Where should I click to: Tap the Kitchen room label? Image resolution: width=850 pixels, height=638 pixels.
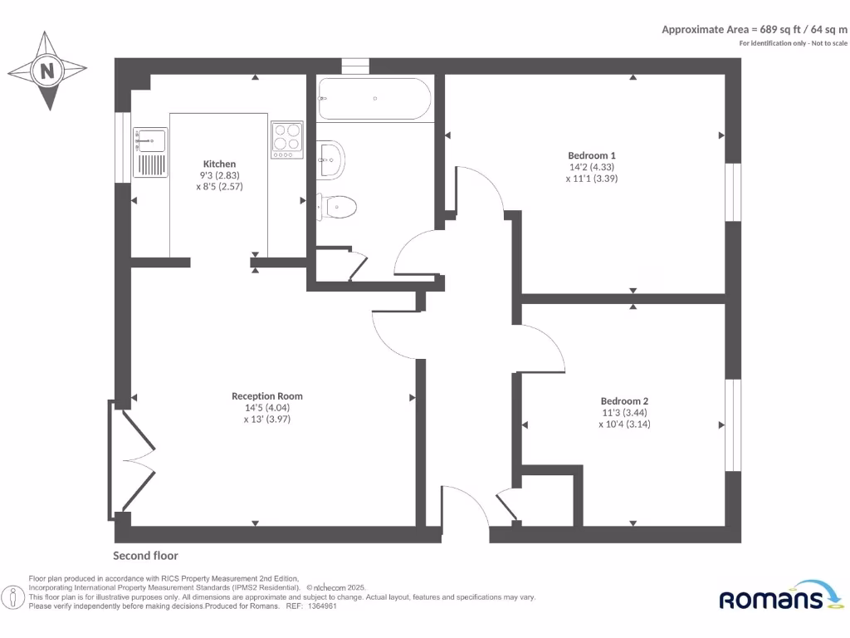click(x=219, y=164)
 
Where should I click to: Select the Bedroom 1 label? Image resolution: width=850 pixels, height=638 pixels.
click(x=591, y=155)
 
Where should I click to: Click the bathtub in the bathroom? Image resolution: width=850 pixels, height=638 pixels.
click(x=374, y=99)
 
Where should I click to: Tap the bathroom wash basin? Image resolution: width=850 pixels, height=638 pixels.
click(x=331, y=157)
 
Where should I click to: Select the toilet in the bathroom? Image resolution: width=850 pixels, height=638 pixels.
click(x=339, y=205)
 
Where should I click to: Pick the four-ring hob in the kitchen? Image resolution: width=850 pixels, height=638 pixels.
click(x=287, y=140)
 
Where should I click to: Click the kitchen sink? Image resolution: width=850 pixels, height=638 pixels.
click(x=151, y=153)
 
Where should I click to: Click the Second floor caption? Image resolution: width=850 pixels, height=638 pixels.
click(x=145, y=556)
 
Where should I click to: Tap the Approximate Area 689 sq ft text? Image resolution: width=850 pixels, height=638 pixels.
click(x=754, y=29)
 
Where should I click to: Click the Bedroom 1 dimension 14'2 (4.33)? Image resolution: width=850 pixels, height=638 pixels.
click(x=591, y=167)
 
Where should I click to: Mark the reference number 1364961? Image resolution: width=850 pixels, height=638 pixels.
click(x=321, y=606)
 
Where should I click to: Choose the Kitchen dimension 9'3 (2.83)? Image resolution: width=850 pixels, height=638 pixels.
click(x=219, y=175)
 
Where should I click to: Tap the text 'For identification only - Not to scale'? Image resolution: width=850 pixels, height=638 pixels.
click(x=793, y=43)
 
